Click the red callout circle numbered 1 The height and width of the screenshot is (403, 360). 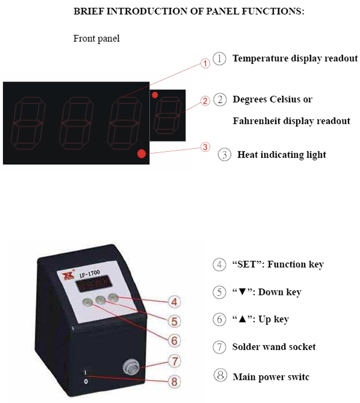(x=205, y=64)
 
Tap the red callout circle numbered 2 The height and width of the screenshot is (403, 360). (x=205, y=101)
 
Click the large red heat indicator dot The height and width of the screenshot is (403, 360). (x=141, y=153)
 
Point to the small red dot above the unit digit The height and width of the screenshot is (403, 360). (x=155, y=95)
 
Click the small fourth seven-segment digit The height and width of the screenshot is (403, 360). (x=168, y=114)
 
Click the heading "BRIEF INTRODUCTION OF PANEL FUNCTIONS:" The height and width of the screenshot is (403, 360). (x=189, y=11)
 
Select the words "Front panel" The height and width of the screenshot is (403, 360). (x=96, y=39)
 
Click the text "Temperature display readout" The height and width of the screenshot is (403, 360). (x=295, y=59)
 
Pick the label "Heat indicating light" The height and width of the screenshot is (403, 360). (x=281, y=154)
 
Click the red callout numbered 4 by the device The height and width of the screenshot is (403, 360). (x=174, y=302)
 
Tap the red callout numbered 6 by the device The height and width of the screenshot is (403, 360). (x=174, y=340)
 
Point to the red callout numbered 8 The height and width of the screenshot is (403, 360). (x=174, y=381)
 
